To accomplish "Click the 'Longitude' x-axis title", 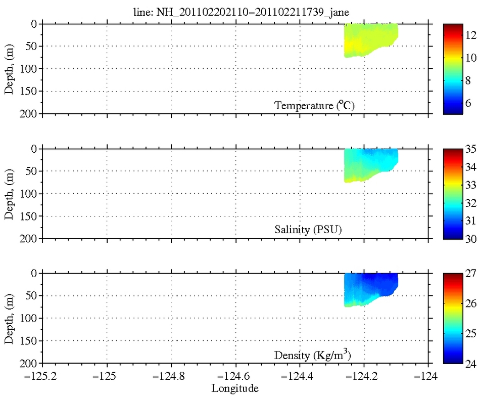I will (x=235, y=388).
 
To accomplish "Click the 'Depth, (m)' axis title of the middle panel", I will (x=9, y=194).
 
